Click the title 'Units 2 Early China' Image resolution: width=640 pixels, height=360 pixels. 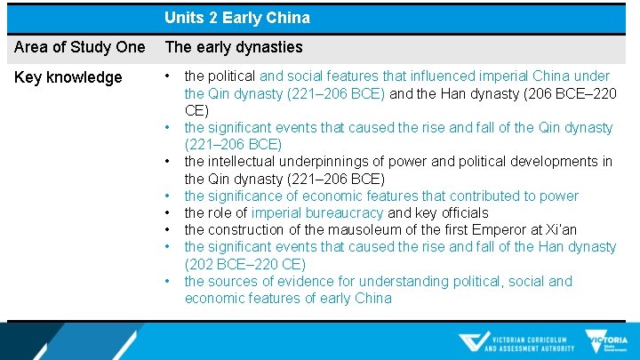[x=236, y=18]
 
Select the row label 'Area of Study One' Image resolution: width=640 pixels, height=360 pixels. [x=80, y=47]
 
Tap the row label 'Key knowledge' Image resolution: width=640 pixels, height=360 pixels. [x=68, y=77]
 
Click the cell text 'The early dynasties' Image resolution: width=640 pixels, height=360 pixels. [x=234, y=47]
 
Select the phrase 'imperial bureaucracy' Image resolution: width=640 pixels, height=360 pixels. [x=317, y=213]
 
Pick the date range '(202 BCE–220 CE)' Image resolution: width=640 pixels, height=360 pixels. [x=244, y=264]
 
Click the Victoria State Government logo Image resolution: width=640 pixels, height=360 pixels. [x=606, y=341]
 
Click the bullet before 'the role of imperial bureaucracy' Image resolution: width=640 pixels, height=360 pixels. [x=168, y=213]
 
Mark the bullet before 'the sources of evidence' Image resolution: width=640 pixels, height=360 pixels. [x=168, y=281]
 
